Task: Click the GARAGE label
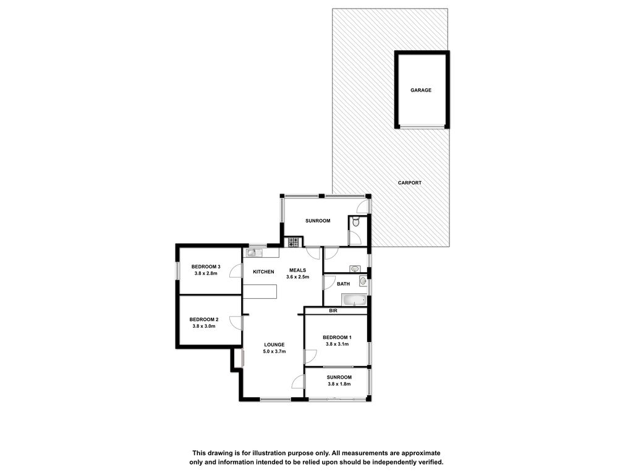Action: coord(420,90)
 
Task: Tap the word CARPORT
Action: coord(409,182)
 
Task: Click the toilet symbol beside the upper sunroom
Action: coord(355,222)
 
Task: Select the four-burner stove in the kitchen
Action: coord(294,242)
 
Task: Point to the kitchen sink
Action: coord(254,253)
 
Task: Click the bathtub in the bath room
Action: coord(354,300)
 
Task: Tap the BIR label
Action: coord(333,311)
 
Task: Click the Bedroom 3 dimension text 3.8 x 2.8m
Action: coord(206,273)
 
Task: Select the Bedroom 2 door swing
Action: coord(236,323)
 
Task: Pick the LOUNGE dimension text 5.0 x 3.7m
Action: coord(274,351)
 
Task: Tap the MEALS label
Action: coord(297,270)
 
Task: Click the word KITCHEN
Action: coord(263,272)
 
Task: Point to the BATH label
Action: coord(343,284)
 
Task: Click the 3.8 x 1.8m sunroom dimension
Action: coord(339,383)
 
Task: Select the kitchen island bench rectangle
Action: coord(260,292)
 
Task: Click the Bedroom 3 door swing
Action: coord(236,271)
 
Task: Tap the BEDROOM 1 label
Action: coord(337,337)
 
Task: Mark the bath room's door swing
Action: coord(329,282)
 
